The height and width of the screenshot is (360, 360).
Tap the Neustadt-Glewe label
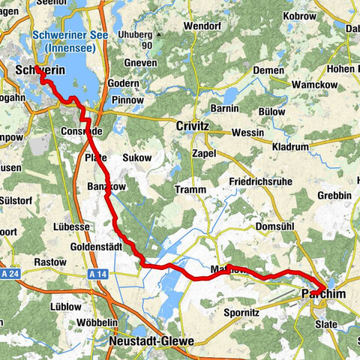tap(151, 340)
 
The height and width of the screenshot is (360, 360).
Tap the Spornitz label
tap(242, 312)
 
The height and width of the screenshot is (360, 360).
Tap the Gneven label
tap(142, 63)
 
